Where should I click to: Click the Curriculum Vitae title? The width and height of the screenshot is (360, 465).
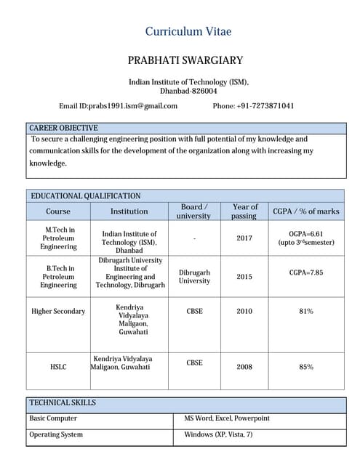tap(188, 31)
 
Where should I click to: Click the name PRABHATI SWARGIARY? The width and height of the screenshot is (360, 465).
tap(185, 60)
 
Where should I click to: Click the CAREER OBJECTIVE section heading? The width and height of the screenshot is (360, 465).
tap(63, 128)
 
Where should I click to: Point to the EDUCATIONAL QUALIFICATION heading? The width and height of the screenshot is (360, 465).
tap(85, 196)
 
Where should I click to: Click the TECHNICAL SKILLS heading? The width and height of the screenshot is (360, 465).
tap(63, 403)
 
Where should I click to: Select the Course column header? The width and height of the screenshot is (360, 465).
tap(58, 211)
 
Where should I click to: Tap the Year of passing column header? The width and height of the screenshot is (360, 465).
tap(244, 211)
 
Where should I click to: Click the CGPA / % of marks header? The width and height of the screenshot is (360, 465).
tap(305, 211)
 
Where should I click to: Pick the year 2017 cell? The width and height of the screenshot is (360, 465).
tap(244, 238)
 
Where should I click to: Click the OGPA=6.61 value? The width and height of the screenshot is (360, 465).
tap(306, 234)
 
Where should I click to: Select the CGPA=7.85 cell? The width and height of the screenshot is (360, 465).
tap(306, 272)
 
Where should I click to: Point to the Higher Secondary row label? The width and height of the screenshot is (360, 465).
tap(58, 312)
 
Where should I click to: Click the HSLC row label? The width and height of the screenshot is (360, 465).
tap(58, 367)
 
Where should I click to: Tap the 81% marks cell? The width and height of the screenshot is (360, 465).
tap(306, 312)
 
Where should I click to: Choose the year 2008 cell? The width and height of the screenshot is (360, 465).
tap(244, 367)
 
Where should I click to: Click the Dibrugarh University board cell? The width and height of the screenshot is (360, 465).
tap(194, 277)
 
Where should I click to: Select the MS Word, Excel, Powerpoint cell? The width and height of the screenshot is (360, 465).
tap(226, 418)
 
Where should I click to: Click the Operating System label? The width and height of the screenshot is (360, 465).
tap(56, 434)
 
